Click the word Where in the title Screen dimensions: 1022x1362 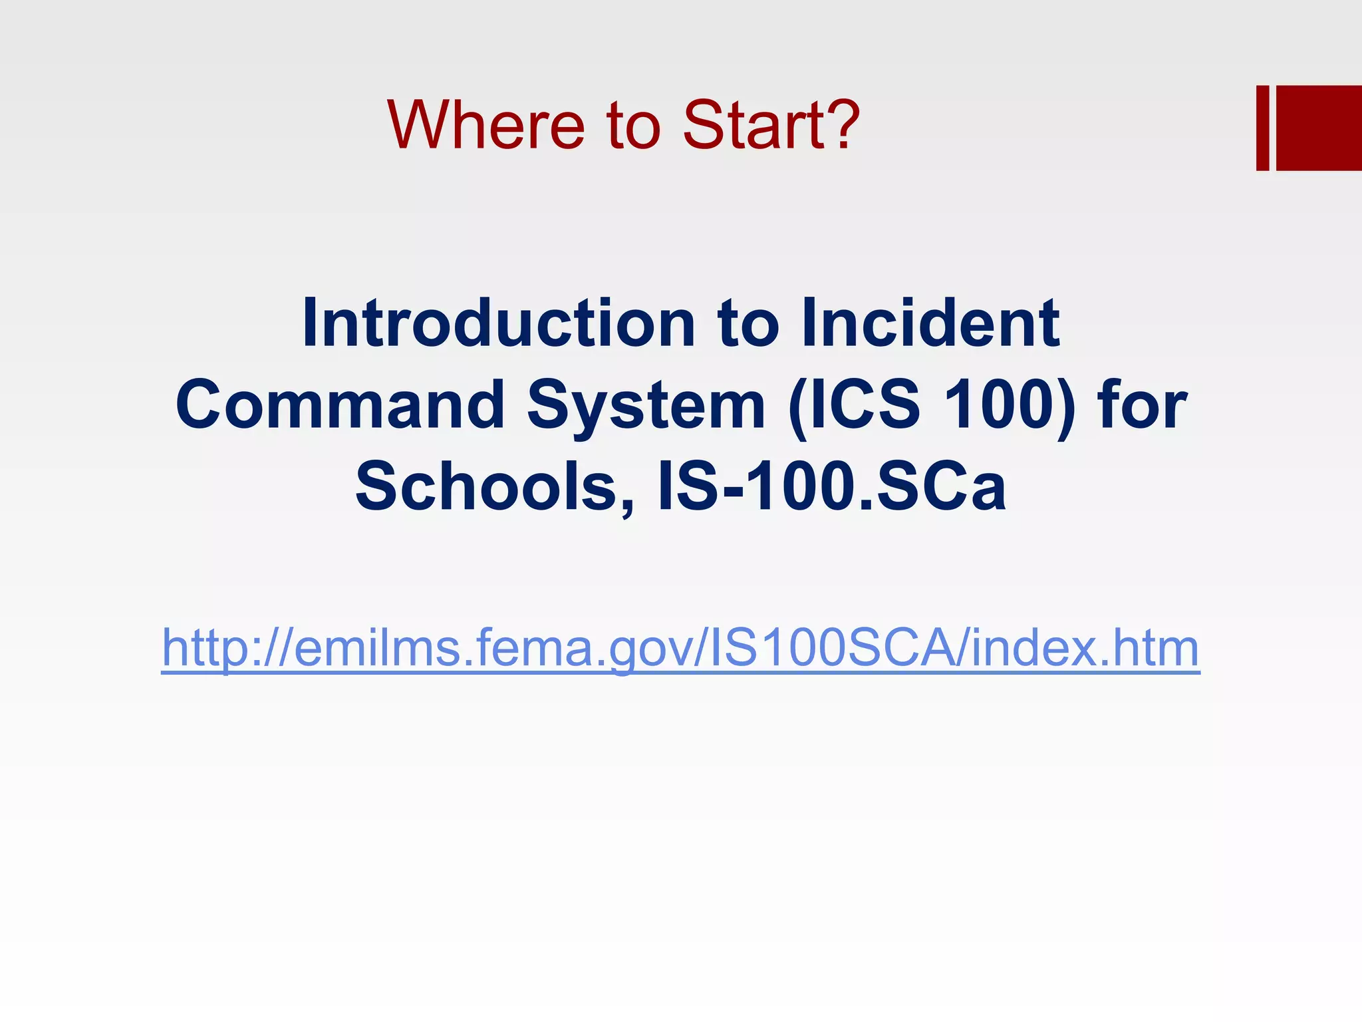(x=485, y=125)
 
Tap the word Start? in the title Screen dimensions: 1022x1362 (x=771, y=125)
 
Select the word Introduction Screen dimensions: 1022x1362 (x=498, y=323)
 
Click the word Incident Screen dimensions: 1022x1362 (x=930, y=323)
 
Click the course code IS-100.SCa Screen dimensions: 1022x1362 (x=831, y=486)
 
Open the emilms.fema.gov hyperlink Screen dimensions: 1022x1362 (x=680, y=648)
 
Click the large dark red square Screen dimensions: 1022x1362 (x=1319, y=128)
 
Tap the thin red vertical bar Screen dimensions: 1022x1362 (x=1262, y=128)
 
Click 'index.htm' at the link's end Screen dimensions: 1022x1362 (x=1085, y=648)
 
